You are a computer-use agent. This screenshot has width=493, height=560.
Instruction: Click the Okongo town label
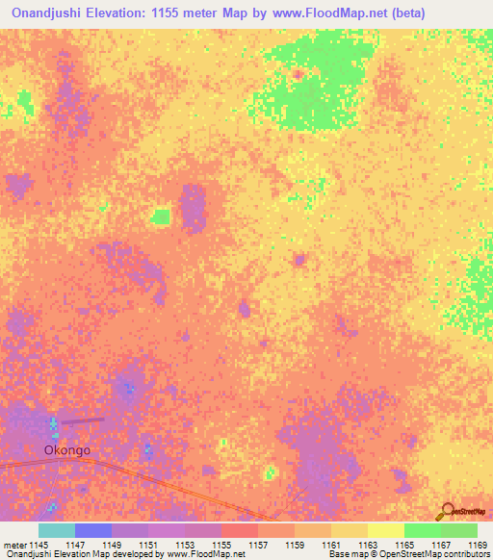click(x=66, y=448)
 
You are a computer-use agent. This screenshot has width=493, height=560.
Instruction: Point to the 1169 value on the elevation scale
click(x=478, y=545)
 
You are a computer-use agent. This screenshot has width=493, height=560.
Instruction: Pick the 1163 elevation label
click(x=368, y=545)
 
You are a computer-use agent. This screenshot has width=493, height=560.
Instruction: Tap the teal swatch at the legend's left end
click(x=57, y=530)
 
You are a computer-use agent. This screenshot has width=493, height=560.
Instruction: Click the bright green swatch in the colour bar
click(x=422, y=530)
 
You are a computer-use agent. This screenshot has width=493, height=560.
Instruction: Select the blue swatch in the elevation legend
click(x=93, y=530)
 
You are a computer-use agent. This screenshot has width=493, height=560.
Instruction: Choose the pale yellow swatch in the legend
click(x=385, y=530)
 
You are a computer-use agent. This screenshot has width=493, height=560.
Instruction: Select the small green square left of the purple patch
click(x=161, y=216)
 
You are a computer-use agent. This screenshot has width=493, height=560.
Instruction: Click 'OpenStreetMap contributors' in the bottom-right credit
click(x=438, y=555)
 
